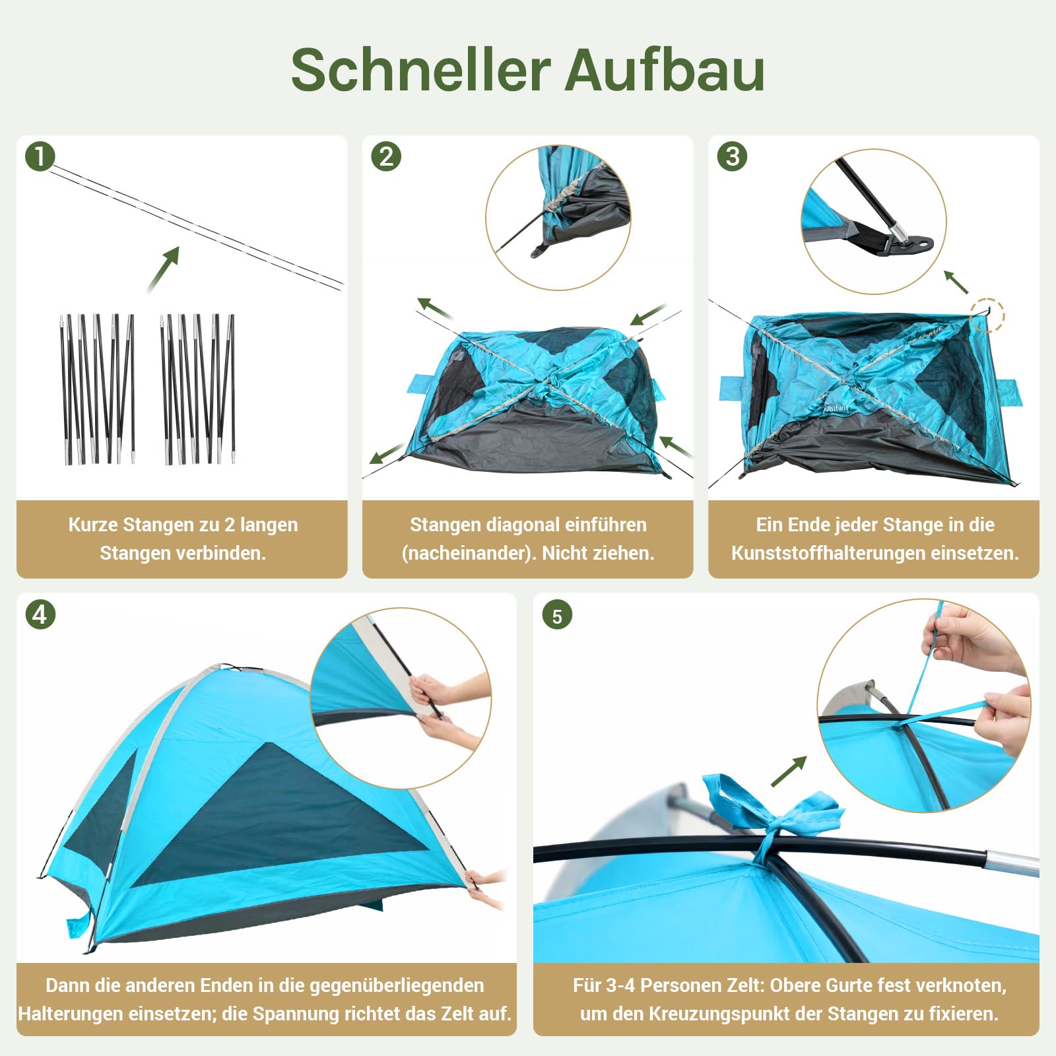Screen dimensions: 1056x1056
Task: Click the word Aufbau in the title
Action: click(x=665, y=70)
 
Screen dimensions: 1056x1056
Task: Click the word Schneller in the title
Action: click(x=420, y=70)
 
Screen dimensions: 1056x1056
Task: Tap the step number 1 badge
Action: click(x=40, y=157)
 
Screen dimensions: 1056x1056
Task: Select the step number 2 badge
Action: click(x=386, y=157)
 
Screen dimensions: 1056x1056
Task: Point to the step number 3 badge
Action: click(x=732, y=157)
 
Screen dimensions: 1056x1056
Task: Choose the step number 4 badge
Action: click(x=40, y=615)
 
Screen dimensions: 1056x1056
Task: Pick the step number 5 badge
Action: click(x=557, y=616)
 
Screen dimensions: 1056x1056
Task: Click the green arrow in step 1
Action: click(x=164, y=269)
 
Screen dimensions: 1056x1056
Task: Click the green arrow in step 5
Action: click(x=789, y=771)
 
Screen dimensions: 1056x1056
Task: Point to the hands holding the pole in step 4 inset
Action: click(x=439, y=706)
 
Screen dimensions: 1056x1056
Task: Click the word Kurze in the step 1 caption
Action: click(x=93, y=525)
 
